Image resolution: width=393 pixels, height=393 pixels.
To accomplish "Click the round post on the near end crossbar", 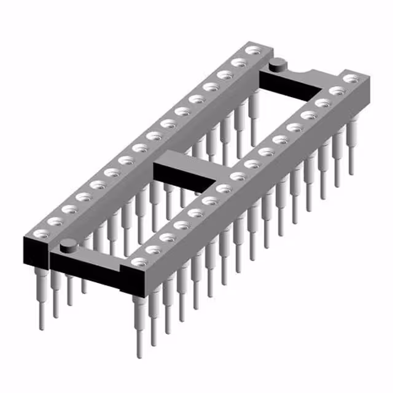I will pos(69,245).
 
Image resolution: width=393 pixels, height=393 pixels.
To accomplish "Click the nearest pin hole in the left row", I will pos(41,233).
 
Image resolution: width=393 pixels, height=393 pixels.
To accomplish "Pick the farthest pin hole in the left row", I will pos(252,50).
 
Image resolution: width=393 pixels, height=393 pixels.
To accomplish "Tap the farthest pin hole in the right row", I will pos(351,78).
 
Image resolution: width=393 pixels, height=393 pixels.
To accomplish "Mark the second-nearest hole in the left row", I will pos(55,221).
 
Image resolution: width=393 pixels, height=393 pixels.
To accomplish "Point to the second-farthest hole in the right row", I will pos(336,90).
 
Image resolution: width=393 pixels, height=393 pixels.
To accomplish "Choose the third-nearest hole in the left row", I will pos(69,209).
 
